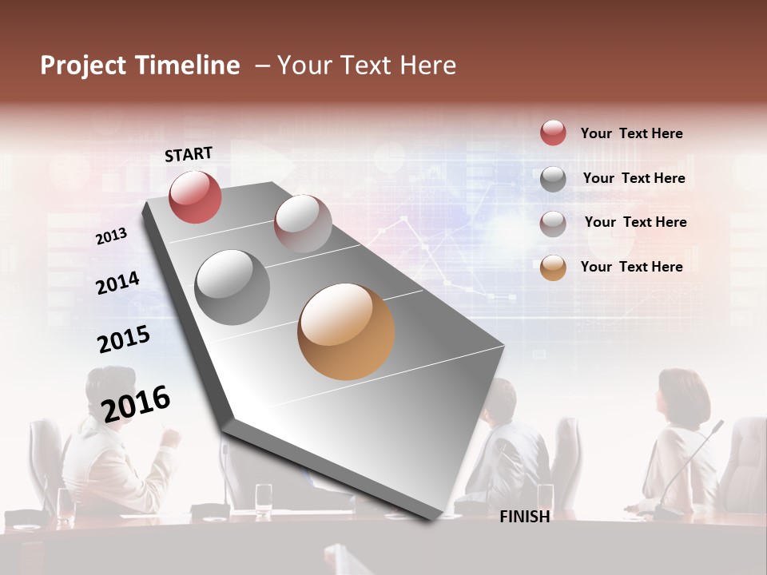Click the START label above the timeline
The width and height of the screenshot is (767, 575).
point(189,154)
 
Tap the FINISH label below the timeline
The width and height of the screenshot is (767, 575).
point(524,517)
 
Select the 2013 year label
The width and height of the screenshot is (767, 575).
point(111,236)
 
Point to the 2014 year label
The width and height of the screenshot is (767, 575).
point(117,283)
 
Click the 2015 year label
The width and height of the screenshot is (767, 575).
point(123,339)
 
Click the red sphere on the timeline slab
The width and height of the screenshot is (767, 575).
point(195,196)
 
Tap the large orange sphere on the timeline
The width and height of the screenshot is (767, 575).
point(346,331)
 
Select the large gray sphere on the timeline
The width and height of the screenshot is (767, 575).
point(232,287)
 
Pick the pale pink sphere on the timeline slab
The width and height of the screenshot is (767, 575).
point(303,224)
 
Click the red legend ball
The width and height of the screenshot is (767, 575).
point(553,133)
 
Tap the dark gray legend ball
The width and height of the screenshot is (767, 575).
point(553,179)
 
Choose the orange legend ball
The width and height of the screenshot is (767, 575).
point(553,268)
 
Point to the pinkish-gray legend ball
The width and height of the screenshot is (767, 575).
point(553,224)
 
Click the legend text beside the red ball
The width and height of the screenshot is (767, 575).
point(631,133)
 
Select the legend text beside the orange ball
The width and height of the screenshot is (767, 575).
point(631,267)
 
